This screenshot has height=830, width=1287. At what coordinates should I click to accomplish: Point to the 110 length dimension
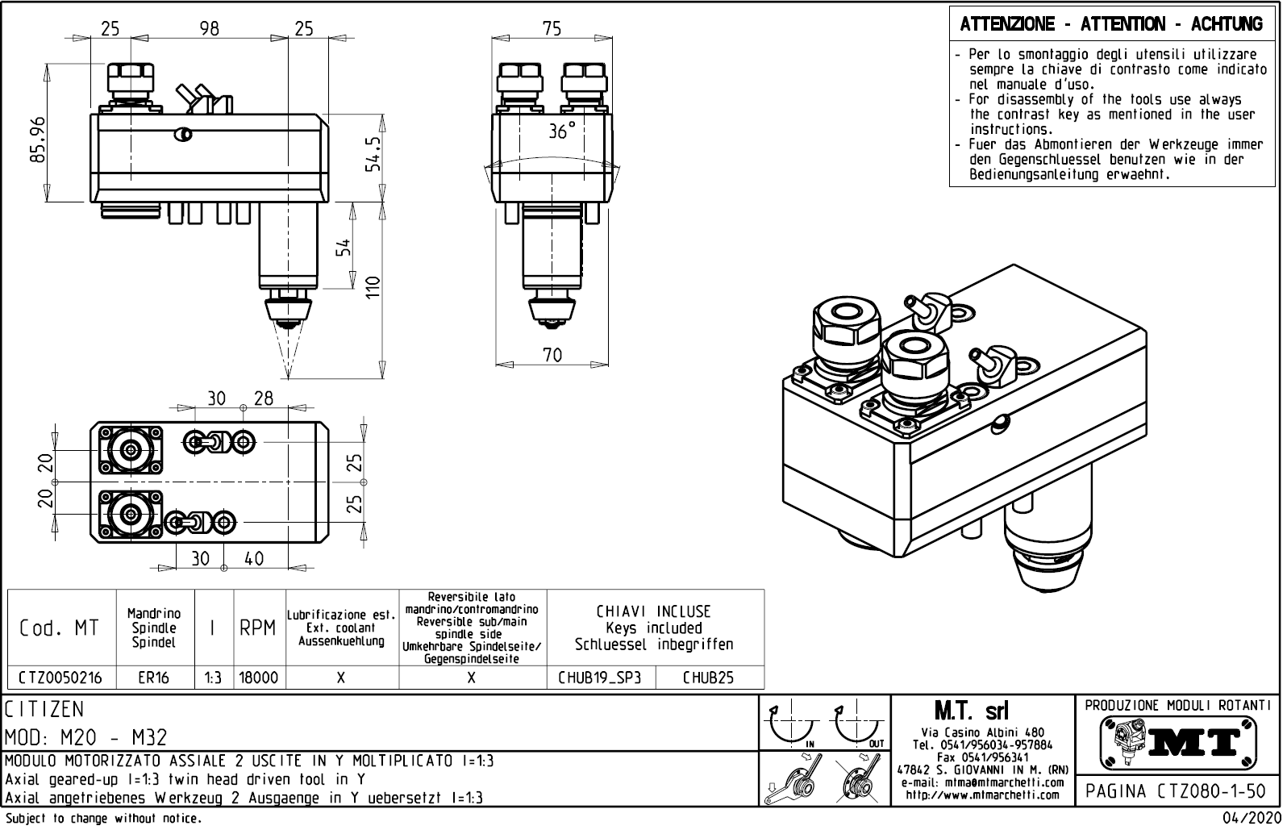coord(372,286)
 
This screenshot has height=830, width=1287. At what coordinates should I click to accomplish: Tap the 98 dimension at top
coord(209,28)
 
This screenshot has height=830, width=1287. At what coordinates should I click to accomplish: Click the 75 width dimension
coord(552,28)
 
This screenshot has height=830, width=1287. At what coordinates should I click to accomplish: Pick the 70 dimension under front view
coord(552,354)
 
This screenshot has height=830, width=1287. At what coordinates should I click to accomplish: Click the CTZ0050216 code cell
coord(60,678)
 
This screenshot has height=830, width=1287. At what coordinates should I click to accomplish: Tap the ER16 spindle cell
coord(153,678)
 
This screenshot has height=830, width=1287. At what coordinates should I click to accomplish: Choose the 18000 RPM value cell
coord(258,678)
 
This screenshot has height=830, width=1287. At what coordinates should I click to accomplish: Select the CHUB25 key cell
coord(709,678)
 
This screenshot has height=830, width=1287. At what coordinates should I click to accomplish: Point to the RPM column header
coord(258,628)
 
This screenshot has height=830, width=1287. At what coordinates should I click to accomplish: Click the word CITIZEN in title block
coord(44,710)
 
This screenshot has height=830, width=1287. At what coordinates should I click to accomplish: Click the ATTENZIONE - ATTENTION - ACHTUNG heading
coord(1111,24)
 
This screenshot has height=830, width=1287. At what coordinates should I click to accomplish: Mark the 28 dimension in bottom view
coord(264,398)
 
